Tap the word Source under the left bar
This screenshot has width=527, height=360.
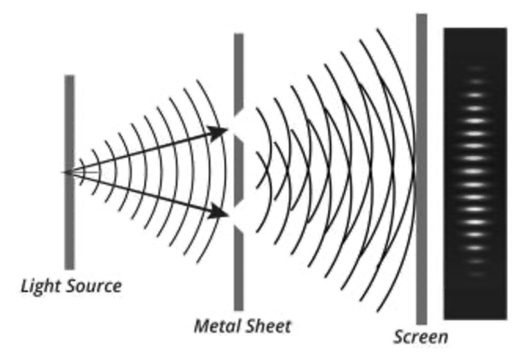pyautogui.click(x=94, y=286)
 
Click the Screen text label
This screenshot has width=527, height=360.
pyautogui.click(x=421, y=337)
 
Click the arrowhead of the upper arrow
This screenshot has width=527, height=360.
pyautogui.click(x=221, y=132)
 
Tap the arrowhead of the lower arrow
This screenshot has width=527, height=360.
pyautogui.click(x=221, y=212)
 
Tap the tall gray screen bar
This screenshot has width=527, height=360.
pyautogui.click(x=421, y=167)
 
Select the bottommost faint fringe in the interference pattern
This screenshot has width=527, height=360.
pyautogui.click(x=475, y=274)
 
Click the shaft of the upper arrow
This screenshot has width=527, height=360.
pyautogui.click(x=141, y=152)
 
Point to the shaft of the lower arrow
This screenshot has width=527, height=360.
pyautogui.click(x=141, y=191)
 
